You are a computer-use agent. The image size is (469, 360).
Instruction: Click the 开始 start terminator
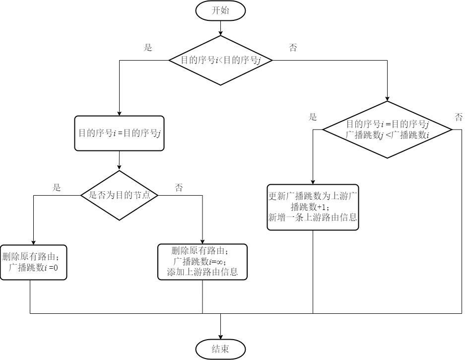click(x=220, y=10)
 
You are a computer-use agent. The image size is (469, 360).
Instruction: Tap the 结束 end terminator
click(x=220, y=349)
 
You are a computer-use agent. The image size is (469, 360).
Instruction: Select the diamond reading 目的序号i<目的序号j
click(x=220, y=60)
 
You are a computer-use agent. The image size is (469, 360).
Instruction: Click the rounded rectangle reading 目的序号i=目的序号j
click(x=119, y=133)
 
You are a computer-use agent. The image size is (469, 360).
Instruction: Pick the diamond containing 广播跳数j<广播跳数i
click(x=387, y=130)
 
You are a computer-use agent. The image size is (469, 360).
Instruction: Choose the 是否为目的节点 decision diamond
click(x=119, y=195)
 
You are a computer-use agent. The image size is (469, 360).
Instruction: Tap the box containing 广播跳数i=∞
click(x=202, y=261)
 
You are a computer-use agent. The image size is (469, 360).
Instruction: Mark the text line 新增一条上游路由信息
click(x=313, y=217)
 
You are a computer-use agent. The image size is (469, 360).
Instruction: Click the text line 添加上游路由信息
click(x=202, y=272)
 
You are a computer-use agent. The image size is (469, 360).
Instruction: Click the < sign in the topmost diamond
click(x=220, y=61)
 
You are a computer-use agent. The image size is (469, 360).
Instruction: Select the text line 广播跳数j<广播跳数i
click(x=387, y=135)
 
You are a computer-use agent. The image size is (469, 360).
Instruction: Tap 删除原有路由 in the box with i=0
click(x=31, y=257)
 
